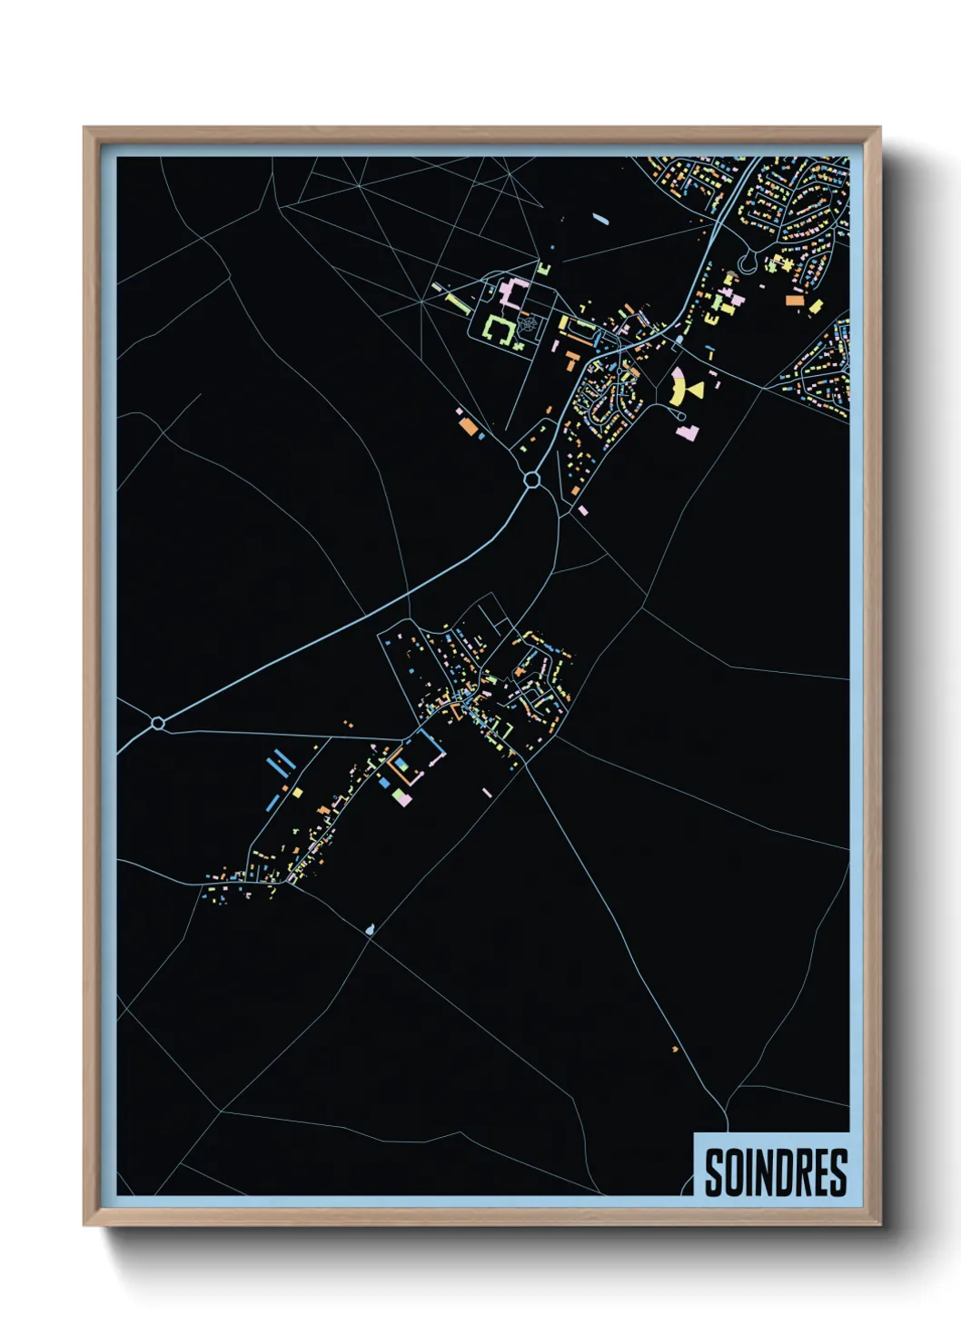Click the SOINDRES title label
[775, 1172]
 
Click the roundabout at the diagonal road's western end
[158, 723]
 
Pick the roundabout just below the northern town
[531, 479]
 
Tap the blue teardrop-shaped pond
[369, 929]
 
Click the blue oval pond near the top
[599, 218]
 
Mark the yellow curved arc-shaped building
[676, 388]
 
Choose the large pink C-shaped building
[511, 294]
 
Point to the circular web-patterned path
[528, 323]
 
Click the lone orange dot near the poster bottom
[675, 1049]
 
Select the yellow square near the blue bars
[297, 792]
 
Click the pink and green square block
[401, 797]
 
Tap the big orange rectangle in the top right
[794, 300]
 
